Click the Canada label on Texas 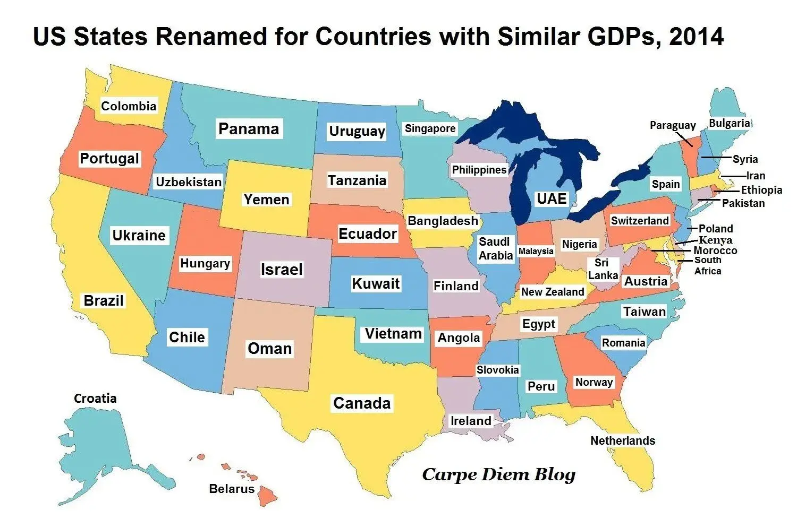coord(362,403)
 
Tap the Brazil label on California coord(104,300)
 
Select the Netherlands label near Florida coord(623,440)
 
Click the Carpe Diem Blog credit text coord(498,474)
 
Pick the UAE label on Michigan coord(552,198)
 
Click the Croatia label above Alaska coord(95,398)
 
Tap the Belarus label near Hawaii coord(232,489)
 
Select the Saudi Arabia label coord(495,248)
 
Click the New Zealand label coord(552,292)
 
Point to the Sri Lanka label coord(603,269)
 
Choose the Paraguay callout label coord(673,125)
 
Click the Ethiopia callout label coord(761,189)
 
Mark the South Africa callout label coord(708,265)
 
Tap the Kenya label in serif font coord(715,240)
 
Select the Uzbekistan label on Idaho coord(189,182)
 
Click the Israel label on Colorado coord(282,270)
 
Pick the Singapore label coord(430,128)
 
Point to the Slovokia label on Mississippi coord(497,370)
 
